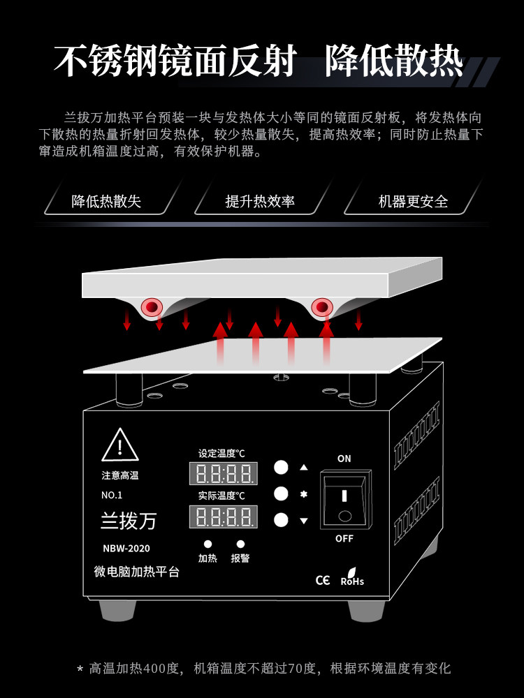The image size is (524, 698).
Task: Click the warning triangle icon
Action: click(x=120, y=445)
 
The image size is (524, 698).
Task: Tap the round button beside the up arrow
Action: click(x=281, y=468)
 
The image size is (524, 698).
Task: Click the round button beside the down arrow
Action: click(x=281, y=520)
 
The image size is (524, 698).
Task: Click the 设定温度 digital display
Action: click(x=224, y=473)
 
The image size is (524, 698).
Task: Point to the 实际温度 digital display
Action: click(x=224, y=517)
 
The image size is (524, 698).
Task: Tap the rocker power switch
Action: click(x=345, y=500)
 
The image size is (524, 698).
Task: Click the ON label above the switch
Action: click(x=344, y=459)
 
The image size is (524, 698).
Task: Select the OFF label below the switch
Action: click(x=344, y=539)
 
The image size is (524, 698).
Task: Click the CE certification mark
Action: click(x=323, y=580)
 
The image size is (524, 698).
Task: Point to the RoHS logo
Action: click(x=352, y=577)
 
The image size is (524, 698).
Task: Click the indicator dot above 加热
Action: click(x=208, y=544)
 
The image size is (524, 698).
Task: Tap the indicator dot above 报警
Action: click(x=240, y=544)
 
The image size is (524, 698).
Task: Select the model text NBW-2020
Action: click(x=126, y=549)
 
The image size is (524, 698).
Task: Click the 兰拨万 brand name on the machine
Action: click(x=129, y=521)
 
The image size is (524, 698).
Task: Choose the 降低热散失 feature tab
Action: click(x=106, y=201)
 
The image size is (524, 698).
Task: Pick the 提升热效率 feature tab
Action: click(x=260, y=201)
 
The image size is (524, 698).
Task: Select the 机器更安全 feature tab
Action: click(x=413, y=201)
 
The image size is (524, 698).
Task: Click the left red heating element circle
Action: click(x=152, y=306)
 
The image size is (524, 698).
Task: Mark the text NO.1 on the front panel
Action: click(x=111, y=495)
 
